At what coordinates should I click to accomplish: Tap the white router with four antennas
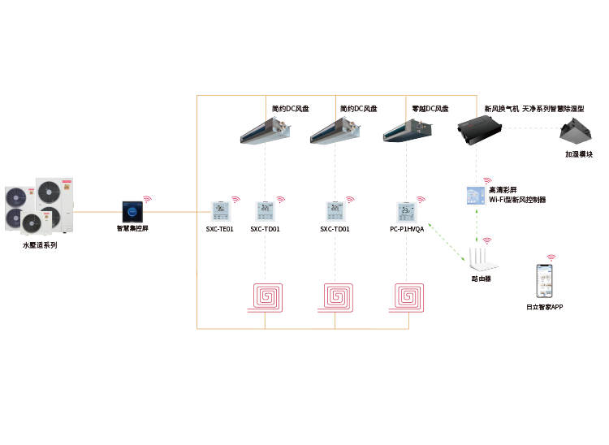(482, 259)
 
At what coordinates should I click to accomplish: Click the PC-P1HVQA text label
(406, 230)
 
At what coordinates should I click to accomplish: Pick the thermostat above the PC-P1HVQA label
(406, 212)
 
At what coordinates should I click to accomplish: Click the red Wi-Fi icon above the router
(487, 240)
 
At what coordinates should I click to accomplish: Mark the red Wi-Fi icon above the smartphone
(551, 257)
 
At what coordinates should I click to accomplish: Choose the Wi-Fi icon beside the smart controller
(148, 197)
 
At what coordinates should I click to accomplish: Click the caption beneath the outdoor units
(40, 244)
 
